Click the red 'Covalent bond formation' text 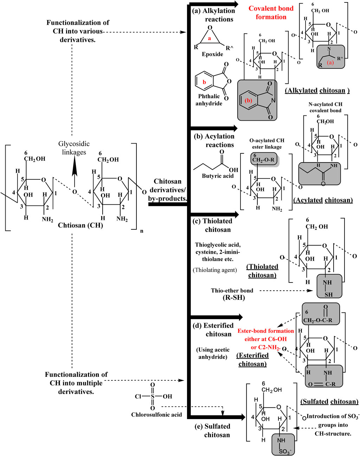[271, 13]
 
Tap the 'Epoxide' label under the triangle [212, 54]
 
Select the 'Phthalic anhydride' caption [209, 100]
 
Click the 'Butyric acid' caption [218, 176]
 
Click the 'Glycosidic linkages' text [74, 148]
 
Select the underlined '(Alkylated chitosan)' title [317, 91]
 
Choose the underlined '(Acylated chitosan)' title [323, 200]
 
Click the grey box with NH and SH [329, 286]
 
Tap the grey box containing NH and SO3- [283, 444]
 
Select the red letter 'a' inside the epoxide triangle [210, 38]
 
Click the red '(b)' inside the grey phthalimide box [248, 100]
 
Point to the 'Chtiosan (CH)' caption [81, 225]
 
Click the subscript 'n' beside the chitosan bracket [142, 231]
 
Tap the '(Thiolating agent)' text [215, 270]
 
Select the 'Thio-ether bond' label [232, 291]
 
